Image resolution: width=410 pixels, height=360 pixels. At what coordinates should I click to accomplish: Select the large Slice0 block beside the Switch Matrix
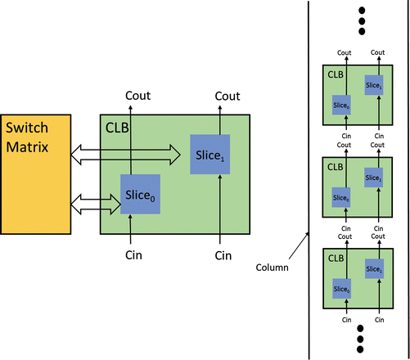(140, 194)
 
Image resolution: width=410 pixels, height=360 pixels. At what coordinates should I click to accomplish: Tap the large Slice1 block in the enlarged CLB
(210, 154)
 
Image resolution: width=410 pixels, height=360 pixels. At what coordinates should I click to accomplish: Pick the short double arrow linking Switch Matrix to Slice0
(97, 199)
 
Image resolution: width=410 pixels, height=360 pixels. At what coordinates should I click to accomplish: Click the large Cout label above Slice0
(138, 97)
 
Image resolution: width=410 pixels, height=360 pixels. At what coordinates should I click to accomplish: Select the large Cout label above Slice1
(227, 97)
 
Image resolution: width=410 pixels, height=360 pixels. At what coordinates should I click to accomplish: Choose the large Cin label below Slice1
(223, 255)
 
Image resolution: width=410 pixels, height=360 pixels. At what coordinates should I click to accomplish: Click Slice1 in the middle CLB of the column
(374, 178)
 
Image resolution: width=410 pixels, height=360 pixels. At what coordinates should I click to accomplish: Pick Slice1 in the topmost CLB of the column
(374, 87)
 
